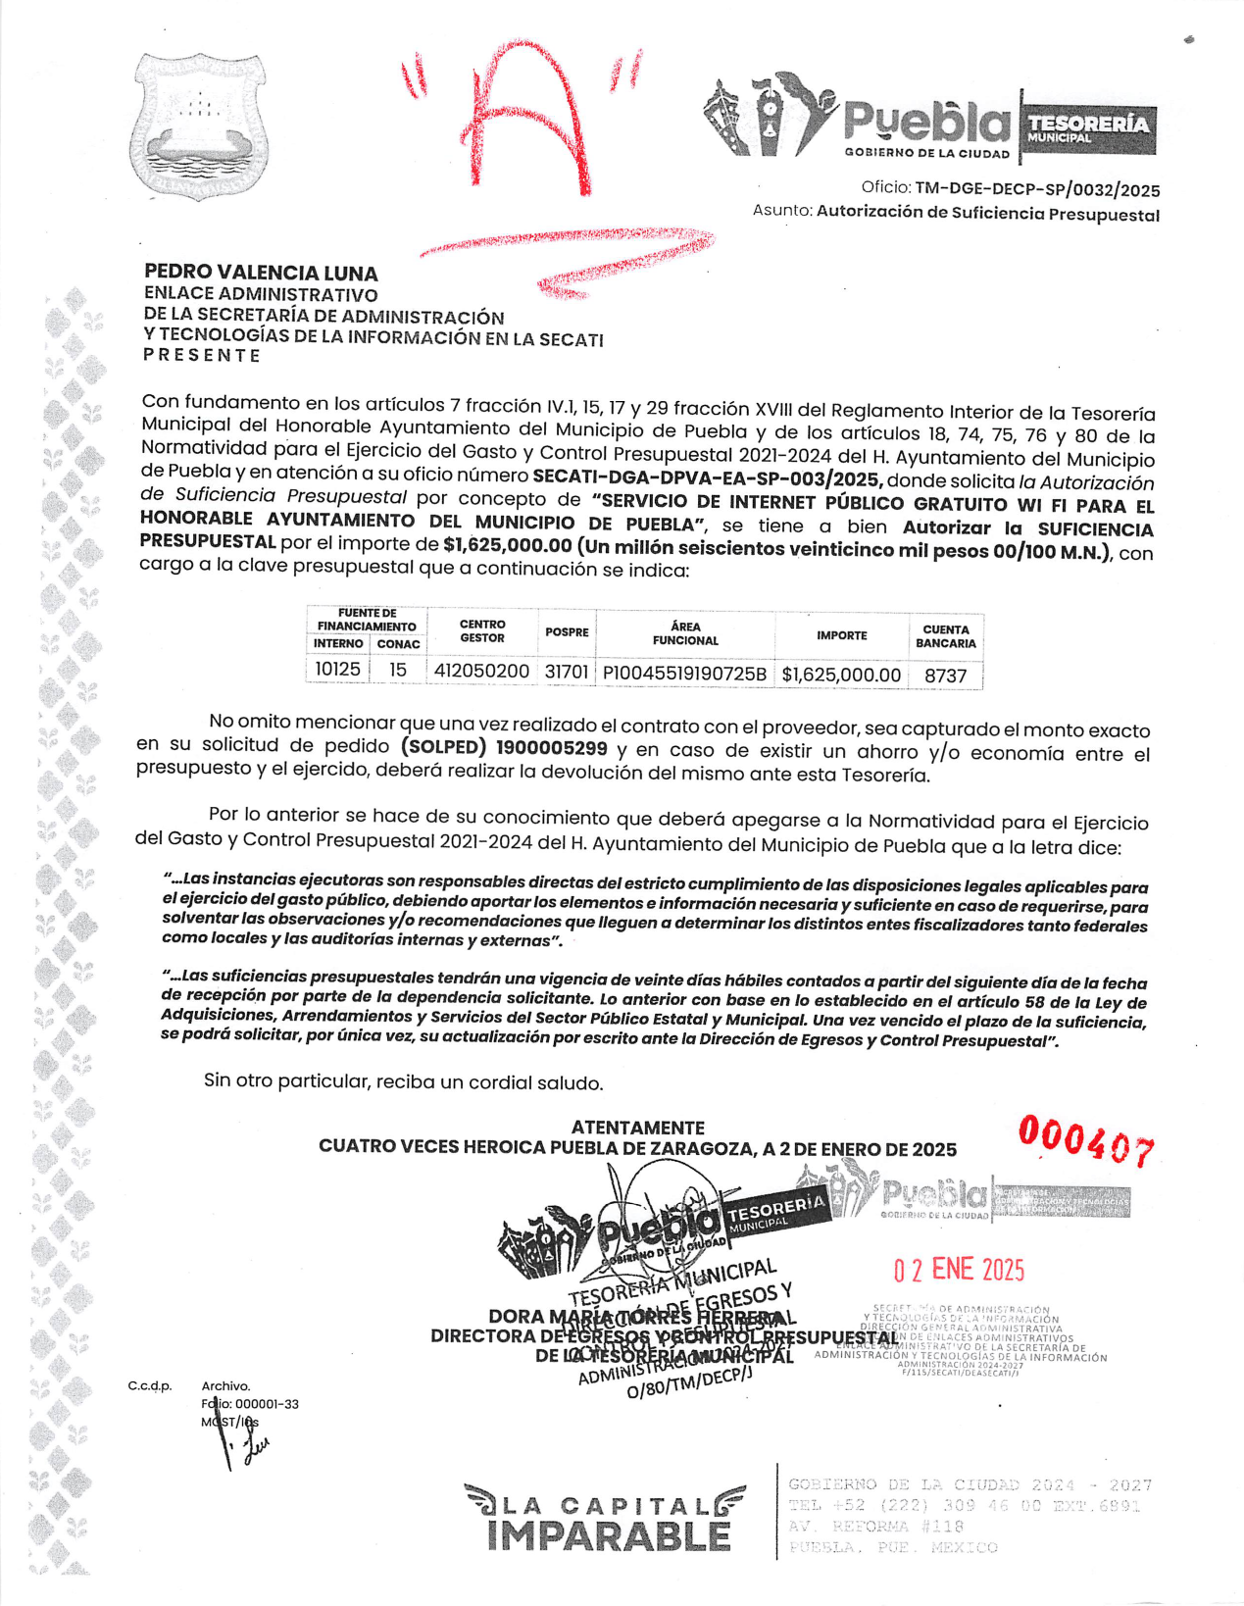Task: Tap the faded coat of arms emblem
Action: (x=199, y=125)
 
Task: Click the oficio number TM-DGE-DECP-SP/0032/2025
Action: (x=1037, y=190)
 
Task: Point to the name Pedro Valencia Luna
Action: (x=261, y=273)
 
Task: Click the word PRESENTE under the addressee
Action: (x=202, y=355)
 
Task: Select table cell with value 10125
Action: (x=337, y=670)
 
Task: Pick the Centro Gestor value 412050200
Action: (x=481, y=672)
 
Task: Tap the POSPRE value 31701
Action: (x=567, y=672)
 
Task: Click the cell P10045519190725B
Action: (x=684, y=674)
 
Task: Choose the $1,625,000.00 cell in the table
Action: (x=841, y=675)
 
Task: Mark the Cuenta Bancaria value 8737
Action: (x=945, y=676)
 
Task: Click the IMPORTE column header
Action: (x=841, y=635)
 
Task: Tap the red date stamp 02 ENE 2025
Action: (x=958, y=1270)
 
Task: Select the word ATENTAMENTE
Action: (x=637, y=1128)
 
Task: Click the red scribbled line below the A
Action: (x=569, y=257)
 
